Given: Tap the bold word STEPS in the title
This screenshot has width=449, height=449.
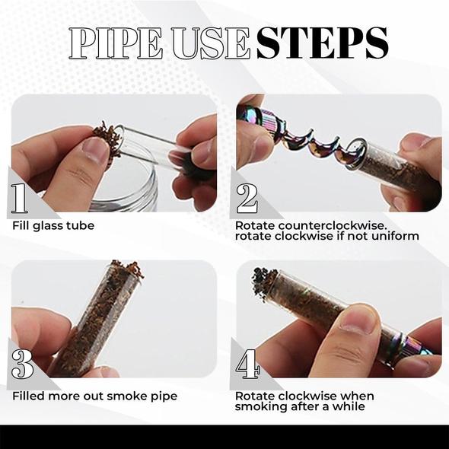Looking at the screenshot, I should (322, 44).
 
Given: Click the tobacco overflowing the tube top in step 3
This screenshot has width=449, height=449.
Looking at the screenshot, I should (126, 269).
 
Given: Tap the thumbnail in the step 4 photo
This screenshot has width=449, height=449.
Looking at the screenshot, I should (358, 317).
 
